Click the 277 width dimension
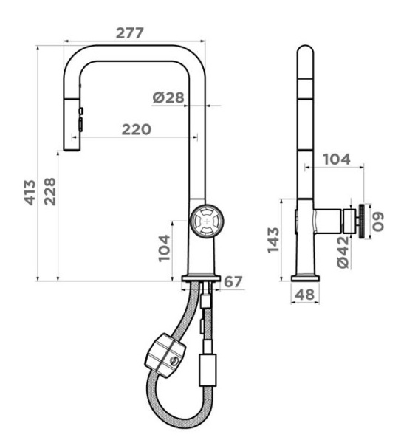[130, 33]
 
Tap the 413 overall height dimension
[30, 193]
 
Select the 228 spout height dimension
[50, 191]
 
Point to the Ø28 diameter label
[168, 97]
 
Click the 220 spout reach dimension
[137, 129]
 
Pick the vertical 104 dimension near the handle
[164, 248]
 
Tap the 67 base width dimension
[233, 282]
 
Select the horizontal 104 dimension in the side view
[337, 159]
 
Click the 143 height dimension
[273, 240]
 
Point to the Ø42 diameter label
[343, 253]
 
